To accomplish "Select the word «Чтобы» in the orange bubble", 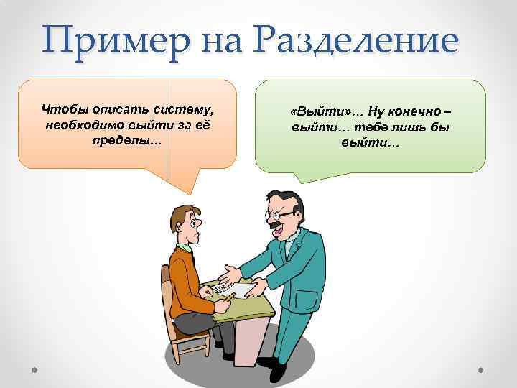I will click(x=63, y=110).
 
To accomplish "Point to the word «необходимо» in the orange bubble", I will click(x=84, y=124).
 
